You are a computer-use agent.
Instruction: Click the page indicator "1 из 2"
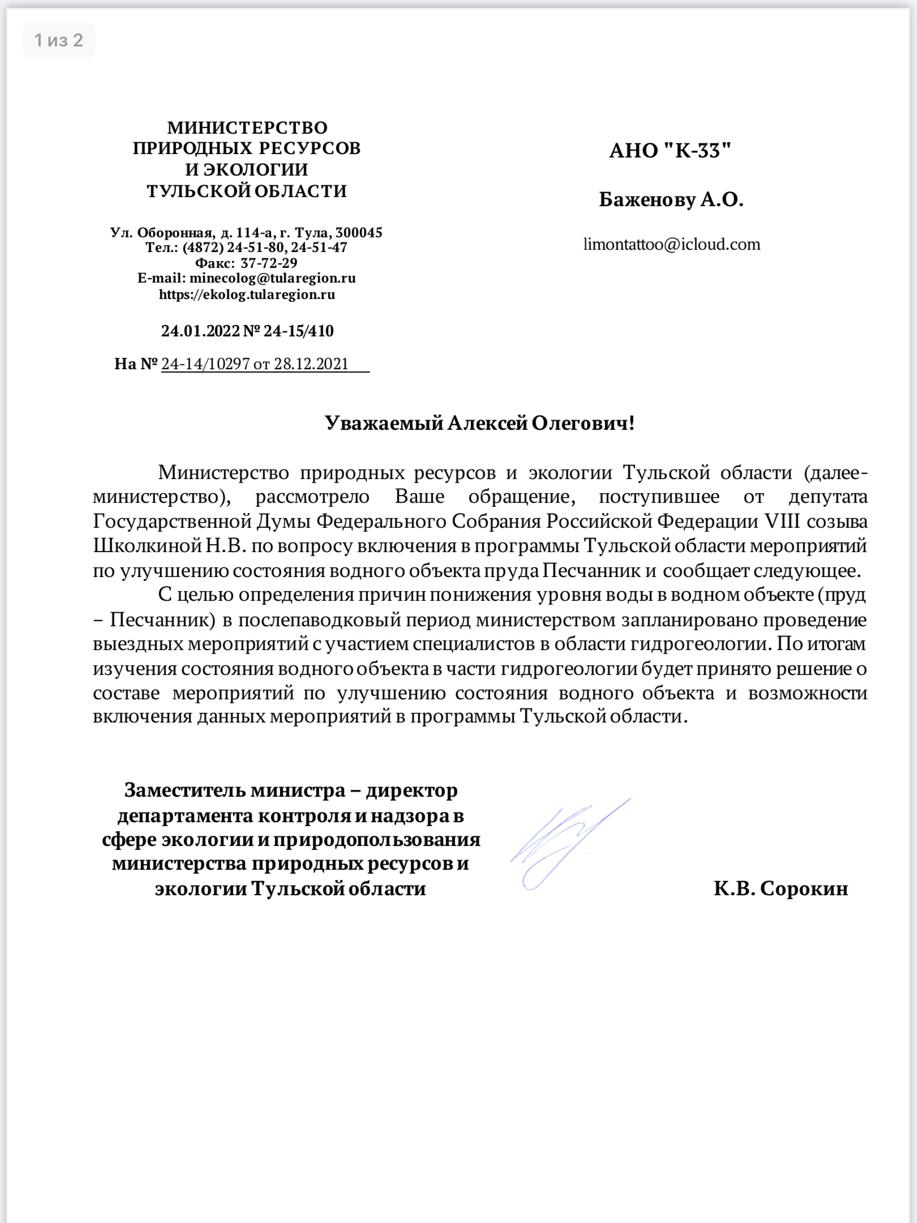58,40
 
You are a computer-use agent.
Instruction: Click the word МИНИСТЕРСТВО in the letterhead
247,127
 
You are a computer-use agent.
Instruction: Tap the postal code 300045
359,232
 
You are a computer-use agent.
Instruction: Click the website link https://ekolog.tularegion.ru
247,294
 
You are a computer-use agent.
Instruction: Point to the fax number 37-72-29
269,263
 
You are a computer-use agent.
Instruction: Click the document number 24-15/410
298,331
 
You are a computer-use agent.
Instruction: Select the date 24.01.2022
200,331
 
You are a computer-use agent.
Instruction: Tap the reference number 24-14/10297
205,364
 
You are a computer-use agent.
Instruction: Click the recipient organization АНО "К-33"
670,151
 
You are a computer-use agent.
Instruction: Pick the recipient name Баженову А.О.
671,199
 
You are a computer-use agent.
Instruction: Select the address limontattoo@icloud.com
672,245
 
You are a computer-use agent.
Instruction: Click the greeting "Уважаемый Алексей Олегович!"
479,423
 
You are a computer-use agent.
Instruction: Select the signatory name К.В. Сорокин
781,888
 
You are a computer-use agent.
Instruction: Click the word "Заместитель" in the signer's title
184,790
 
